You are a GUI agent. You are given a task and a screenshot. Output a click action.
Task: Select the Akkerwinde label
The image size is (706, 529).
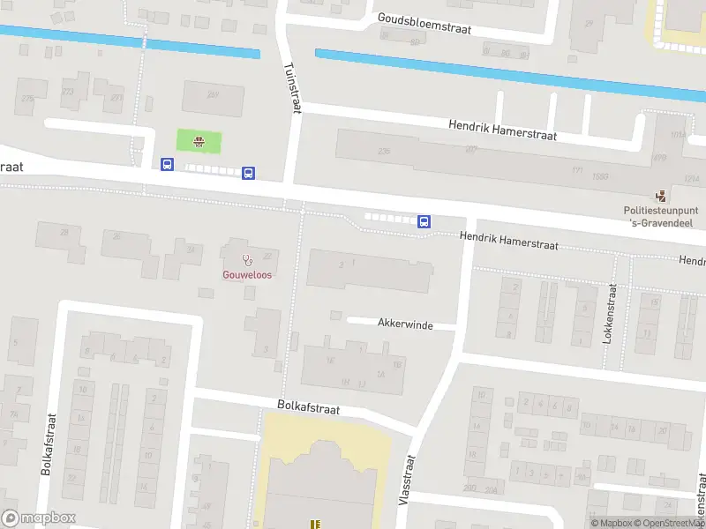(x=405, y=324)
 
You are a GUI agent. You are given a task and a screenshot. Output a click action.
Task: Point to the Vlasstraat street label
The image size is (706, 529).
(x=407, y=479)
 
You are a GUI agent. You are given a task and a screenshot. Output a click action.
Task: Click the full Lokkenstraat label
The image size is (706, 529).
(x=608, y=314)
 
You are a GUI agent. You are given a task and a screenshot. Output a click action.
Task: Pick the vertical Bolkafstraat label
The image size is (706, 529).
(x=49, y=445)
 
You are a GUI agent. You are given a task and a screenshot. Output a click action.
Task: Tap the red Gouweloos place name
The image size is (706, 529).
(x=246, y=274)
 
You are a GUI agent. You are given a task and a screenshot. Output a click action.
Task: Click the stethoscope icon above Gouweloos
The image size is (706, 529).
(x=247, y=260)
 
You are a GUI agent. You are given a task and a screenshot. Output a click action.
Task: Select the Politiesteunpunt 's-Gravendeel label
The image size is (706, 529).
(x=661, y=217)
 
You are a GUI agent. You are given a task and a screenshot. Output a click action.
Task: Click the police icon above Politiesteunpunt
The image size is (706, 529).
(x=660, y=196)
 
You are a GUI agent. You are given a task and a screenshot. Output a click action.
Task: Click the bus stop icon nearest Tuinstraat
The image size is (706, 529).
(x=249, y=173)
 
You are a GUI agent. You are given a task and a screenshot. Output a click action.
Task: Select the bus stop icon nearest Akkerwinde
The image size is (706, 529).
(x=424, y=221)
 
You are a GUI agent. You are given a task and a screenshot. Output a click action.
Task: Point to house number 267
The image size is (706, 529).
(x=212, y=95)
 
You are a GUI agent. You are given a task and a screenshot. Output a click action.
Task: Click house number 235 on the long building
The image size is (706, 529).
(x=383, y=152)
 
